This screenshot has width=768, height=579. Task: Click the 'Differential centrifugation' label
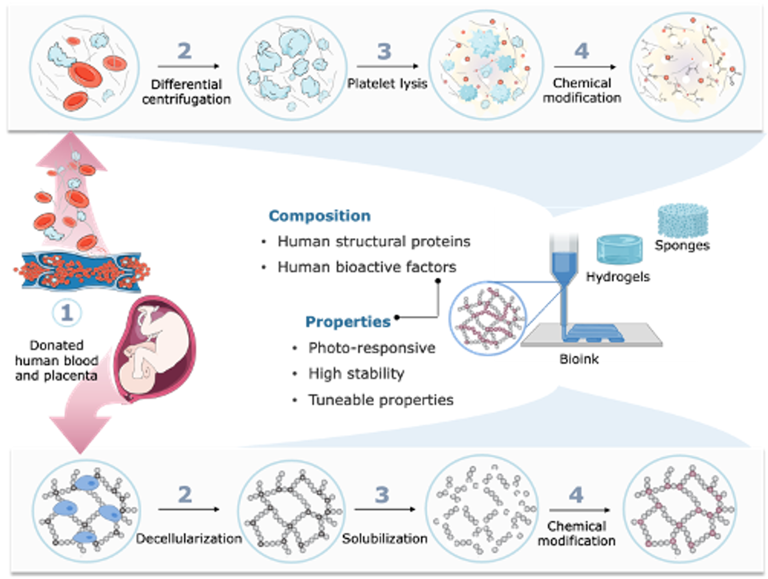pos(186,92)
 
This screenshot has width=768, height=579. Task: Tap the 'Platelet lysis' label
pos(387,84)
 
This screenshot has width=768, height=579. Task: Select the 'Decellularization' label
pos(189,539)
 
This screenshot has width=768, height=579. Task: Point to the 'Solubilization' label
pos(384,539)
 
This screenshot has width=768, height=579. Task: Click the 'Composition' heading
pos(319,216)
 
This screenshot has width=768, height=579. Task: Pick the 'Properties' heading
pos(348,322)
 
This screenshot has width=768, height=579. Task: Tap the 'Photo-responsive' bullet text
pos(372,348)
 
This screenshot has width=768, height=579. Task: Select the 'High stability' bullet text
pos(356,373)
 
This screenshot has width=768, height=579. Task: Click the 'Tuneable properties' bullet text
pos(381,400)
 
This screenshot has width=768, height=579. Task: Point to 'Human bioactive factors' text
pos(367,267)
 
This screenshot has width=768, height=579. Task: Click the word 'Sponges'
pos(682,245)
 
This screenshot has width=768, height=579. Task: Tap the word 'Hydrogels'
pos(618,277)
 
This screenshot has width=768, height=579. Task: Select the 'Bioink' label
pos(579,359)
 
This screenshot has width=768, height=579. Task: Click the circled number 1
pos(67,313)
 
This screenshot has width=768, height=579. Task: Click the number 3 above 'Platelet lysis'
pos(384,51)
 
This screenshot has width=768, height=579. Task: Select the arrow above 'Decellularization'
pos(189,509)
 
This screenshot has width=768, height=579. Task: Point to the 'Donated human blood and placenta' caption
pos(56,360)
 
